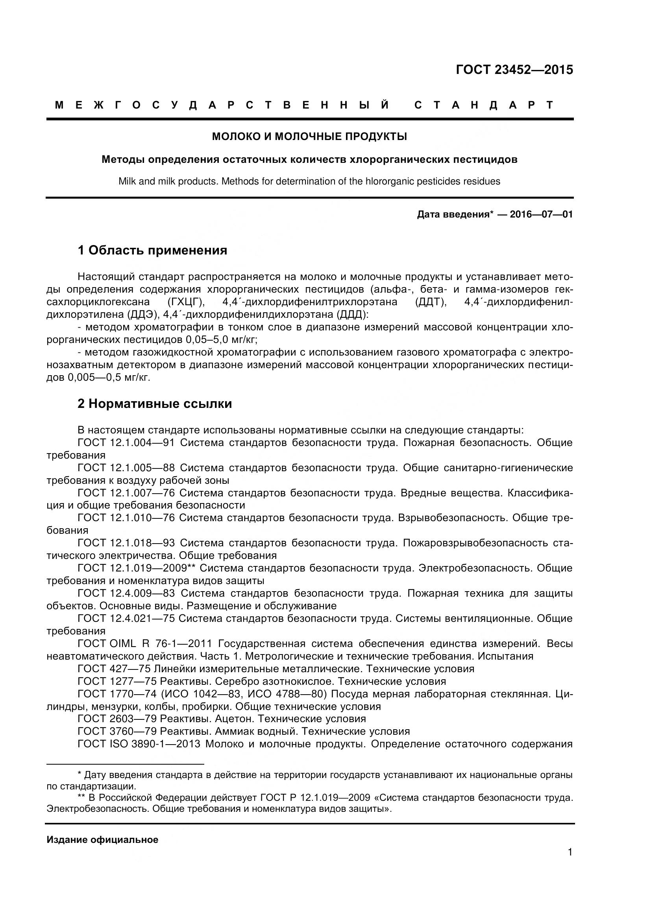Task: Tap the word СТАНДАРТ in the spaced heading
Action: click(x=484, y=105)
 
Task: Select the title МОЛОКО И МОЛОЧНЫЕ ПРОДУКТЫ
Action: click(x=309, y=136)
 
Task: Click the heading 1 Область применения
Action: click(x=152, y=251)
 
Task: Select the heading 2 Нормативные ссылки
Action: click(x=155, y=404)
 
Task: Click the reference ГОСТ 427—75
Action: click(x=114, y=669)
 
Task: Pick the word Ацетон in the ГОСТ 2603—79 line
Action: click(x=235, y=719)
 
